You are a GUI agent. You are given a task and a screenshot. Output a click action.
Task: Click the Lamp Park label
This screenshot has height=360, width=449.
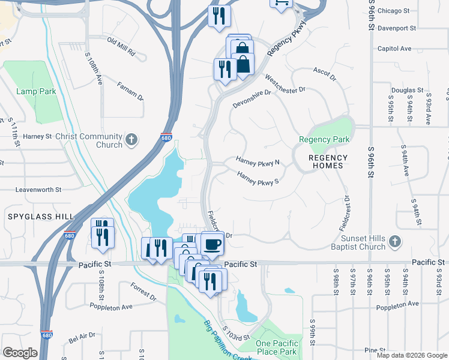pyautogui.click(x=36, y=91)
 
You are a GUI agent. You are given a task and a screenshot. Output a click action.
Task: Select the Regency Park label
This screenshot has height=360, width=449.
pyautogui.click(x=324, y=140)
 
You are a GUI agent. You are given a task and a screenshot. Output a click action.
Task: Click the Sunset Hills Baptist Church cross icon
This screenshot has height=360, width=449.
pyautogui.click(x=394, y=242)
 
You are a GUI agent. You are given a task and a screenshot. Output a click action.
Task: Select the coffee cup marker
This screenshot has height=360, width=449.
pyautogui.click(x=212, y=244)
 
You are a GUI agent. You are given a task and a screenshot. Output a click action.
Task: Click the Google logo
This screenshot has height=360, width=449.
pyautogui.click(x=20, y=353)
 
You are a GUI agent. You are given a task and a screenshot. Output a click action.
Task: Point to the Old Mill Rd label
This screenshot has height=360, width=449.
pyautogui.click(x=121, y=48)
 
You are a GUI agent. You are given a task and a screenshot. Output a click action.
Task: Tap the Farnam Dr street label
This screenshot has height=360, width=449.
pyautogui.click(x=130, y=91)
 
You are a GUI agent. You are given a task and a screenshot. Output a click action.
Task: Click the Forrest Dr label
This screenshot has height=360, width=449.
pyautogui.click(x=143, y=293)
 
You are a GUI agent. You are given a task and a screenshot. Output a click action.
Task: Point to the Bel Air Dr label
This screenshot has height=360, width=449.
pyautogui.click(x=82, y=338)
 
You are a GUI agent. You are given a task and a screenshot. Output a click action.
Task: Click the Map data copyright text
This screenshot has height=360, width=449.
pyautogui.click(x=411, y=355)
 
